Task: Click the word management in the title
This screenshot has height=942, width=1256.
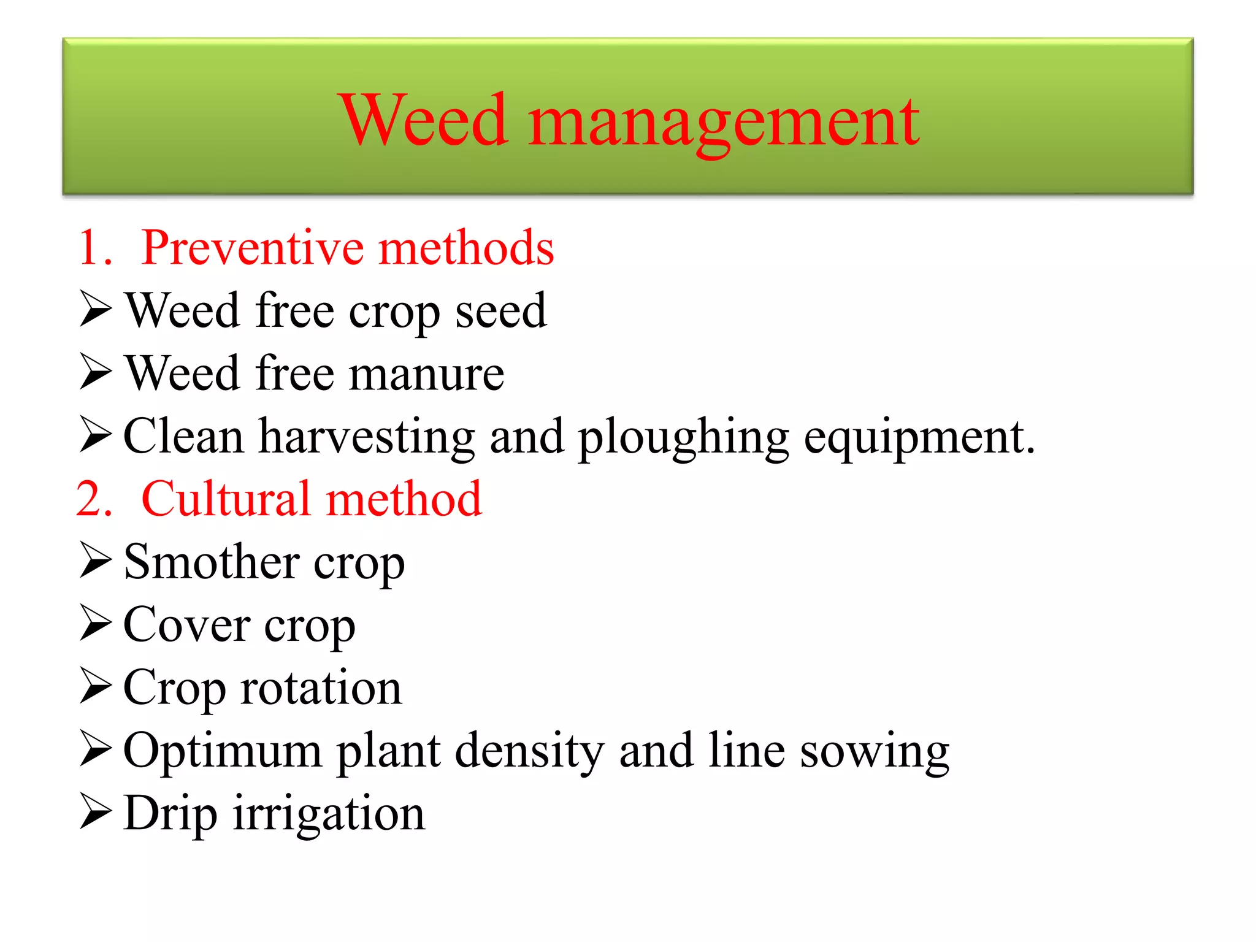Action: coord(724,123)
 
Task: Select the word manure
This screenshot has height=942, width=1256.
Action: coord(426,374)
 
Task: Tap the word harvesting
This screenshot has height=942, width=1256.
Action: coord(367,437)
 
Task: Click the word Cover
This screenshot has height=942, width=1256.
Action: coord(186,625)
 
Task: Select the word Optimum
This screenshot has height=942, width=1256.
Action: coord(222,751)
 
